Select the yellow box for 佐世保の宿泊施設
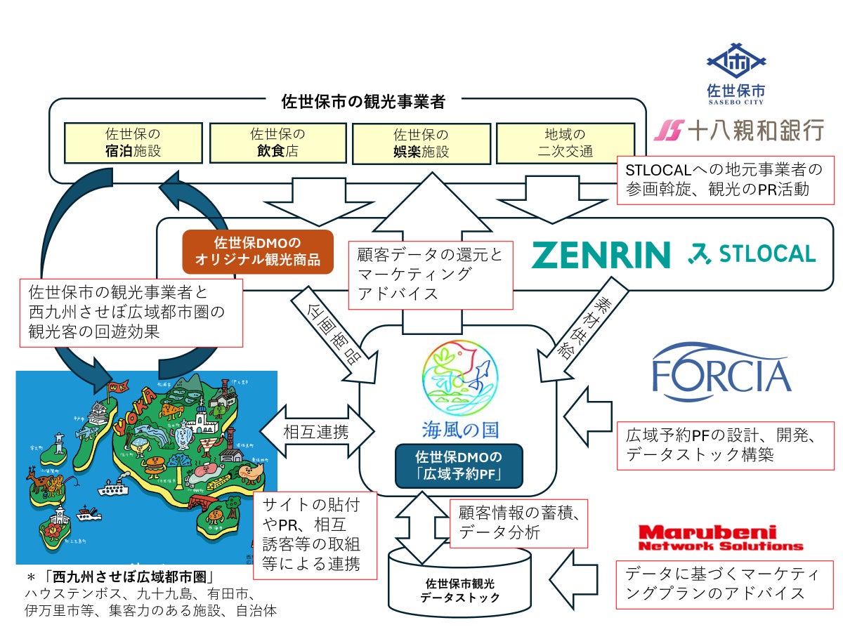pos(133,143)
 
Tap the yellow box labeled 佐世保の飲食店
pos(279,143)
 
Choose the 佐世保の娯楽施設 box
pos(421,143)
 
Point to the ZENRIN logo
pos(601,254)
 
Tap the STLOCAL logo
pos(751,254)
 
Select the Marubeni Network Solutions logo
pos(720,538)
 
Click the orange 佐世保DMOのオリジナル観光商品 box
pos(257,251)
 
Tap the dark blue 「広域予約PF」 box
pos(459,465)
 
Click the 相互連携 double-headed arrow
pos(316,430)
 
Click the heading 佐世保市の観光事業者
pos(363,102)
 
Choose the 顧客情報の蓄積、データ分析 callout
pos(518,522)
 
